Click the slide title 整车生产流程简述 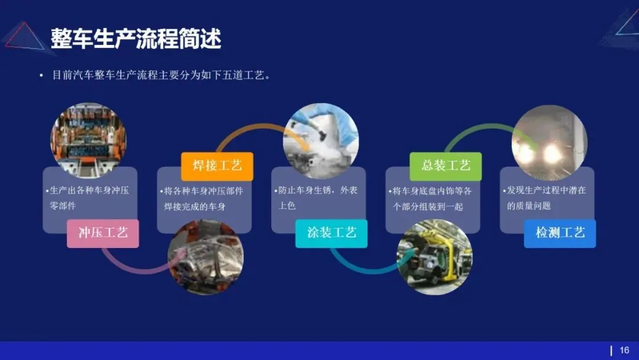135,39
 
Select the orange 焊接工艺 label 217,166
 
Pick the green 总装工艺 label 446,166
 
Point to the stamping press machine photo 88,140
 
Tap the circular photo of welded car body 205,257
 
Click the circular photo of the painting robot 321,140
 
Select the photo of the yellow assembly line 434,257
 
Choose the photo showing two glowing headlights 549,142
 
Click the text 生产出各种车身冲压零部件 89,198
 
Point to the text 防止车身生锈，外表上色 318,198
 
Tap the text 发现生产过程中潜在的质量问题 546,198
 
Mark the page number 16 624,351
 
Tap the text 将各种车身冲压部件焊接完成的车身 203,198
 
